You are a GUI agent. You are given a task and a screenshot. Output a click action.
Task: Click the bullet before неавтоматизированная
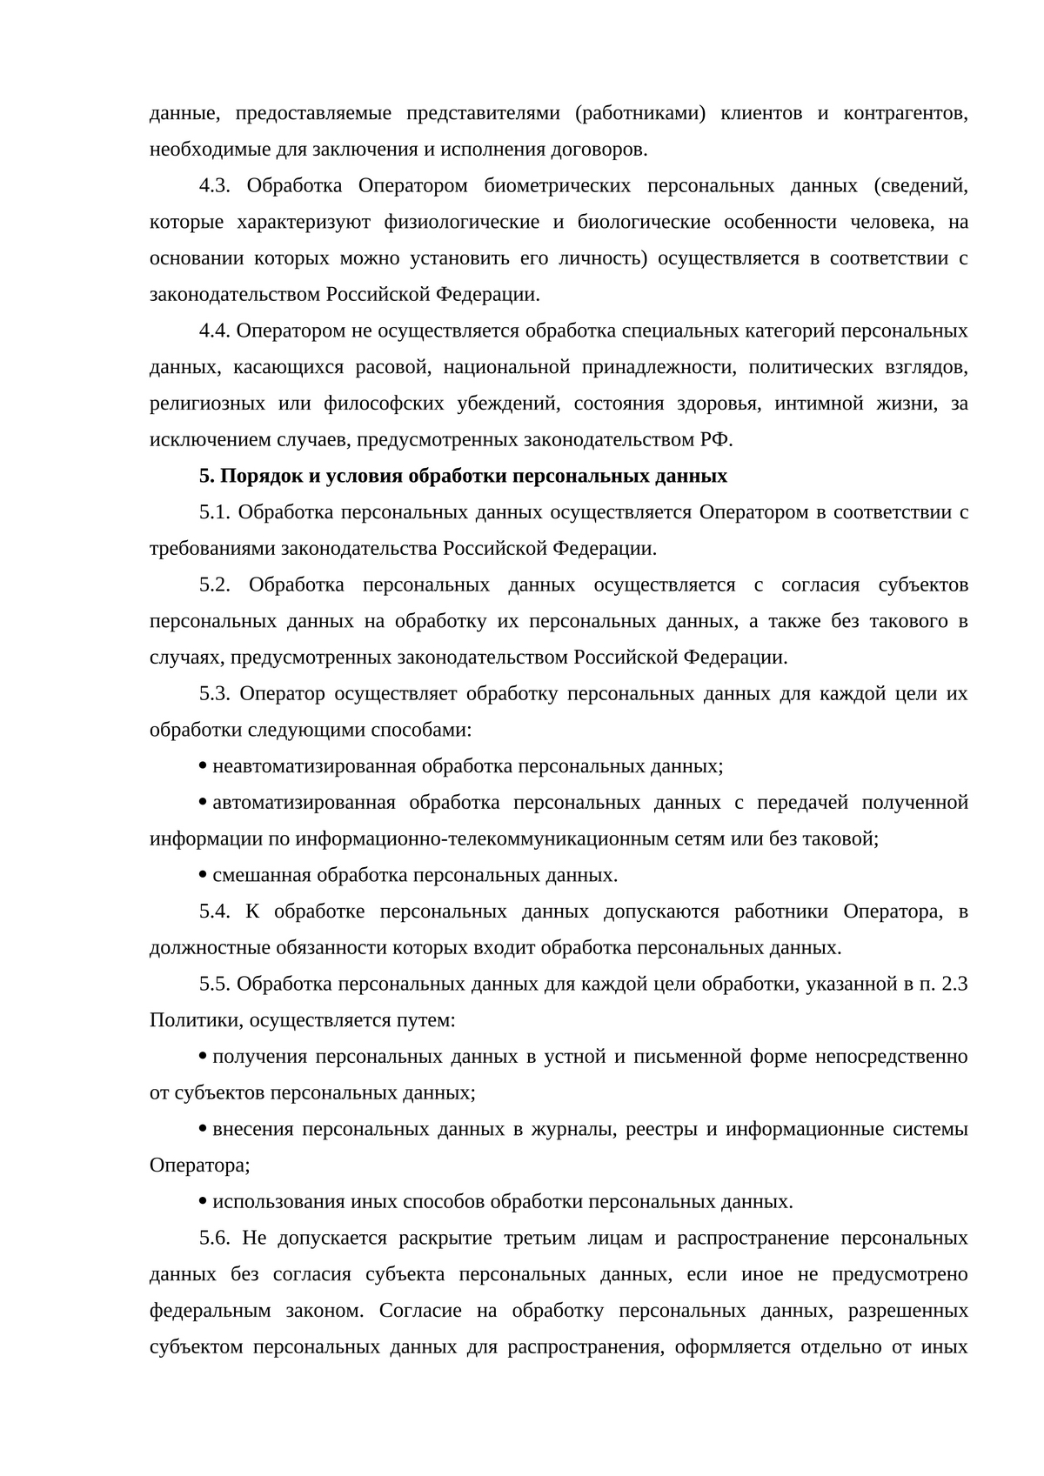tap(203, 766)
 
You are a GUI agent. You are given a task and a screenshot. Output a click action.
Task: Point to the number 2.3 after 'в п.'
tap(955, 985)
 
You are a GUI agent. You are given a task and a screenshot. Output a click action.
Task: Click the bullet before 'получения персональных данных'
tap(203, 1057)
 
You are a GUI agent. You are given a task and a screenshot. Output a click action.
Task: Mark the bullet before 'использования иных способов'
tap(203, 1202)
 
